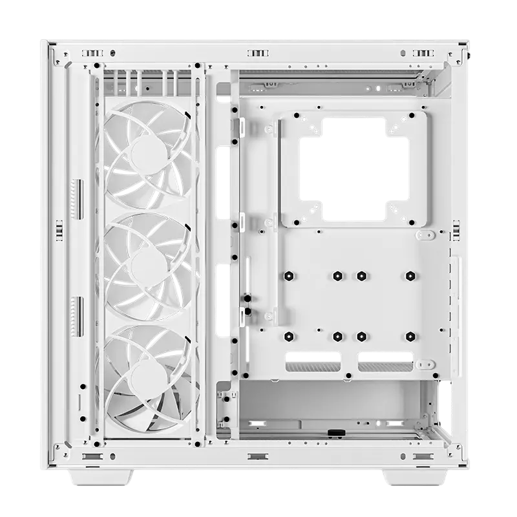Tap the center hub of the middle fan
pos(149,264)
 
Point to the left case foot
pos(100,478)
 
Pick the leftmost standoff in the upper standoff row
pos(288,276)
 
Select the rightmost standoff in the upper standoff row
pos(410,276)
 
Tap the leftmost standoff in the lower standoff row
pos(288,336)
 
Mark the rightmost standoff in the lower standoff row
pos(410,336)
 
